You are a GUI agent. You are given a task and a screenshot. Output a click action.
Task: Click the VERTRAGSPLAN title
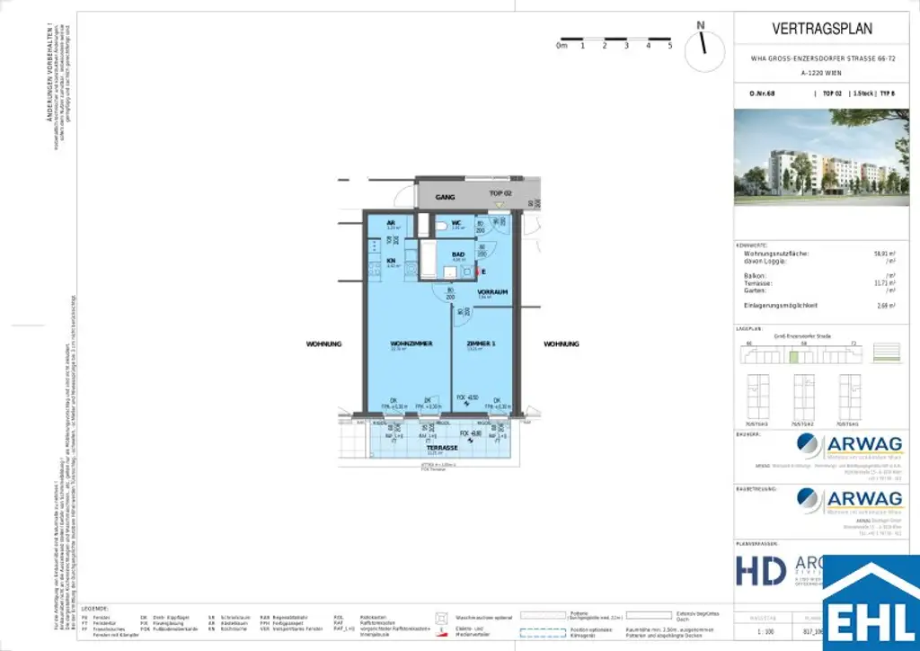coord(823,30)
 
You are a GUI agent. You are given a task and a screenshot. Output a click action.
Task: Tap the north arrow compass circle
coord(704,50)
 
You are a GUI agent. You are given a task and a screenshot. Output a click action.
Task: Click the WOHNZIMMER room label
coord(411,344)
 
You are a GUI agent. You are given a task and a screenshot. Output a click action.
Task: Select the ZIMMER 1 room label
coord(481,344)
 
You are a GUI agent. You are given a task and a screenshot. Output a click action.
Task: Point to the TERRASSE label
coord(441,446)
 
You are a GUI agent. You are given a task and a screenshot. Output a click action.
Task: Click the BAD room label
coord(458,255)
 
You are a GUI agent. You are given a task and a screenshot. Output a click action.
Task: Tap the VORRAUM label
coord(493,292)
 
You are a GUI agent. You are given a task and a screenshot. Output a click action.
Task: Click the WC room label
coord(456,223)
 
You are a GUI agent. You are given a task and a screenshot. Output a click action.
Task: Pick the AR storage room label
coord(391,223)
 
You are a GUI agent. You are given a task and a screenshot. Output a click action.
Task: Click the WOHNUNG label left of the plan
coord(324,344)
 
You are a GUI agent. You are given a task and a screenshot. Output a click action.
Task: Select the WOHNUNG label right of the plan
coord(562,344)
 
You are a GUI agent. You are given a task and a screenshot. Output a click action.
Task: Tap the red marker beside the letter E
coord(478,271)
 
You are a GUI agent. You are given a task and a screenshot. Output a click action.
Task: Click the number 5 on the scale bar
coord(670,45)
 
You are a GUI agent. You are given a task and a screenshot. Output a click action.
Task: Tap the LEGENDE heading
coord(94,609)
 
